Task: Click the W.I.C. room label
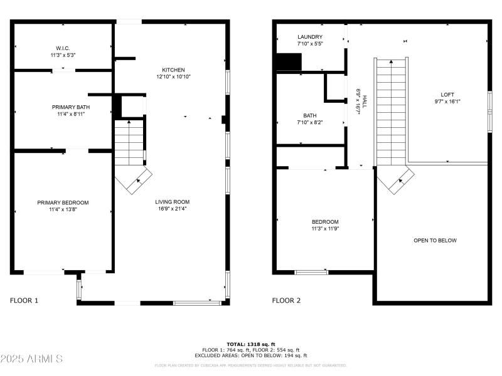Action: click(63, 47)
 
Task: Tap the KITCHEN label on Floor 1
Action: click(173, 70)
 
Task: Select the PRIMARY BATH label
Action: click(63, 107)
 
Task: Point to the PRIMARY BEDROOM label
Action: click(63, 202)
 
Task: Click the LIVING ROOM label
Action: click(173, 202)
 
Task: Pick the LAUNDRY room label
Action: click(310, 37)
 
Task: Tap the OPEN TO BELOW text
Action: click(435, 241)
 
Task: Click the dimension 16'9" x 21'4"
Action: click(173, 209)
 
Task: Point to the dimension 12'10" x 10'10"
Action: click(173, 76)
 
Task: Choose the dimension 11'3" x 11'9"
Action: click(325, 229)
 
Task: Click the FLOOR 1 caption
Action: click(24, 301)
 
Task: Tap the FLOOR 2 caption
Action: click(286, 301)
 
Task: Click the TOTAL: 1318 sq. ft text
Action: click(250, 344)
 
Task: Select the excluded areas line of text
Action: click(250, 355)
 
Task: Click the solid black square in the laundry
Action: click(289, 62)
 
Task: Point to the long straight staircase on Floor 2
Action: click(392, 110)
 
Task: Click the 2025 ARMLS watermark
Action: click(31, 359)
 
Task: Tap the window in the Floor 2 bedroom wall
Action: click(311, 272)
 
